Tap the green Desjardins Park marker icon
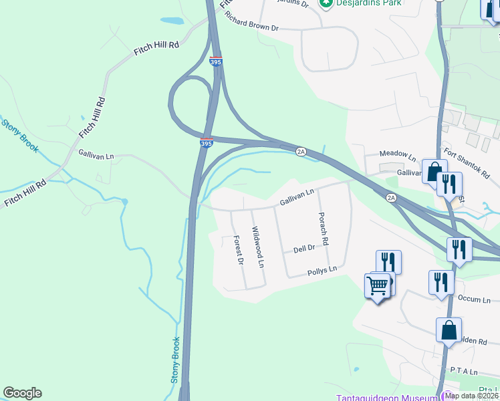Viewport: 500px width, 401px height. pos(326,3)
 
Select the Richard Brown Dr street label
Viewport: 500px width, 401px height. pos(251,22)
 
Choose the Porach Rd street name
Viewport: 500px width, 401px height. pos(324,229)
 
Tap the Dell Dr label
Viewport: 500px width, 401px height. pos(304,249)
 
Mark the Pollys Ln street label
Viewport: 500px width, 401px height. pos(322,271)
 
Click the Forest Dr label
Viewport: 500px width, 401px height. pos(238,250)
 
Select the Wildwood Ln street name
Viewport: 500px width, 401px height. pos(258,247)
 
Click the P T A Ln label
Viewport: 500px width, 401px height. pos(464,371)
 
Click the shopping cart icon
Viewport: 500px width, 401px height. pos(378,286)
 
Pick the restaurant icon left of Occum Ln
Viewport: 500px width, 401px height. pos(441,281)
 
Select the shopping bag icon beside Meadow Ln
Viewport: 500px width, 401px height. pos(434,171)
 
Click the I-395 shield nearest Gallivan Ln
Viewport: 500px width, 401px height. pos(207,143)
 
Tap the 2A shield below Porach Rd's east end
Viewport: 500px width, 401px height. pos(392,197)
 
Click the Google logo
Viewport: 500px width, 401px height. pos(22,393)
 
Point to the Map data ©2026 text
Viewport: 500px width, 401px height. pos(472,396)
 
